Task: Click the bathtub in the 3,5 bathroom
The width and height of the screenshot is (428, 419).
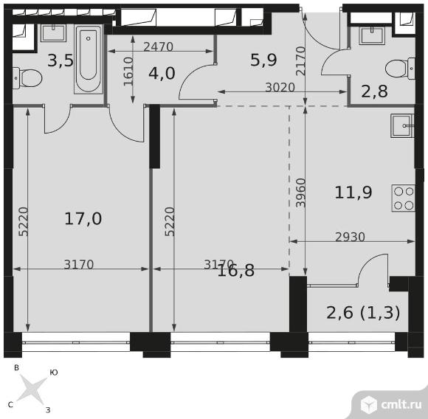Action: [x=88, y=59]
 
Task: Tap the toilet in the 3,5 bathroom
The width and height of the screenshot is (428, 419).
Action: [x=27, y=78]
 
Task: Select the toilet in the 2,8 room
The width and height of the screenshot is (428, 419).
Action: [x=400, y=69]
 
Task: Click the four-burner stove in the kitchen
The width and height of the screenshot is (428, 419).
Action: [x=404, y=198]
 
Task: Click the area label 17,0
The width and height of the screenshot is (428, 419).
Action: [x=83, y=218]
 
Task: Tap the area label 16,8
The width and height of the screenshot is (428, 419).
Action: [x=236, y=271]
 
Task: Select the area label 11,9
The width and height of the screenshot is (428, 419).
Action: [x=353, y=193]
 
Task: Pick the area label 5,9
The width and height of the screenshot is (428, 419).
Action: [x=263, y=60]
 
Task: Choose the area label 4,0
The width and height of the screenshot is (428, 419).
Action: [x=162, y=73]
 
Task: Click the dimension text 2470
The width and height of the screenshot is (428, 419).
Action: [x=158, y=47]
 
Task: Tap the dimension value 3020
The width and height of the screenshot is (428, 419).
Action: [x=280, y=87]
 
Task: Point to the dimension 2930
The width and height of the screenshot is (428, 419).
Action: [x=350, y=237]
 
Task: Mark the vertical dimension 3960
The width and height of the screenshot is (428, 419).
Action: [x=301, y=193]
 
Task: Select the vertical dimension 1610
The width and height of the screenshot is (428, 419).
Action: [x=128, y=72]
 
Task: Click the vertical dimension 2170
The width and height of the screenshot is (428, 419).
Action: [x=301, y=61]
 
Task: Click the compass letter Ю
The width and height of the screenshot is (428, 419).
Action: [x=54, y=373]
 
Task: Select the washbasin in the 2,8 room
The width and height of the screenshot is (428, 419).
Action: [x=372, y=35]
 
